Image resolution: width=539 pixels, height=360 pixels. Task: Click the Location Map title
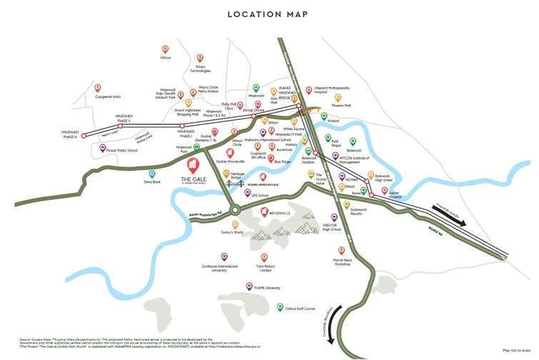[x=269, y=14]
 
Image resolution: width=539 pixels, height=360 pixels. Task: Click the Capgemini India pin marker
[x=97, y=87]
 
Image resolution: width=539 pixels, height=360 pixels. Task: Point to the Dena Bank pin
[x=151, y=173]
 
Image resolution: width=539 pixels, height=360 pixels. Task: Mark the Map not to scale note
[x=518, y=349]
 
